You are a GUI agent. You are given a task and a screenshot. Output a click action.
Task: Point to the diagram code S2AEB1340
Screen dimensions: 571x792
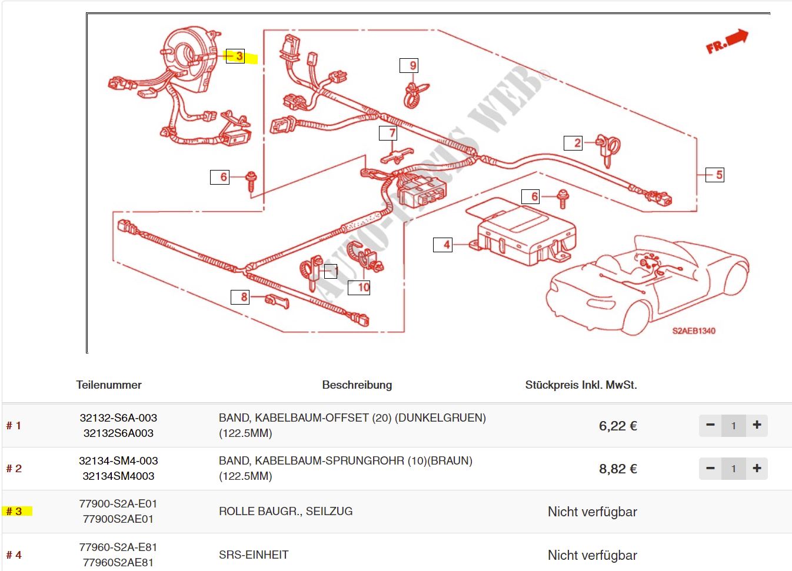pyautogui.click(x=694, y=331)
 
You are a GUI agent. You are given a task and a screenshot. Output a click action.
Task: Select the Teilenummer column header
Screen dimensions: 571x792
pyautogui.click(x=109, y=385)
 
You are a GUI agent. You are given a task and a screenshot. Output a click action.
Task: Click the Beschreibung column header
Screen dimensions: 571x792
pyautogui.click(x=357, y=385)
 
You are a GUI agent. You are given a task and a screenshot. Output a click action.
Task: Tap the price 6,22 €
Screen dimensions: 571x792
pyautogui.click(x=618, y=426)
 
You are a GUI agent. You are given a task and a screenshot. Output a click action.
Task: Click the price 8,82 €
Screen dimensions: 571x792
pyautogui.click(x=618, y=469)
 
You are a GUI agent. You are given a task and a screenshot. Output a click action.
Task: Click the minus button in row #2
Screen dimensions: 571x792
pyautogui.click(x=710, y=469)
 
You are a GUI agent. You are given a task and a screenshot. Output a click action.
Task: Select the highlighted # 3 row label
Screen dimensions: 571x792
pyautogui.click(x=15, y=512)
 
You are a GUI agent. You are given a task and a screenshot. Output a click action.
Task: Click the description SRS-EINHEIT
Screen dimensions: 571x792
pyautogui.click(x=254, y=555)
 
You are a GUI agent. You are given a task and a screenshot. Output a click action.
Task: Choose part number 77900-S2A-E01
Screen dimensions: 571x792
pyautogui.click(x=118, y=504)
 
